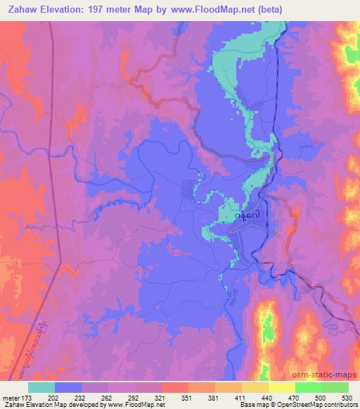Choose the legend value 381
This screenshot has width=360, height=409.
click(x=214, y=397)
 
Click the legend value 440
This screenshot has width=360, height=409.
click(x=268, y=397)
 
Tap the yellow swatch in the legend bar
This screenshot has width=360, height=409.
click(x=281, y=387)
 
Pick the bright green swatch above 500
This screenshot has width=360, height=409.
click(x=308, y=387)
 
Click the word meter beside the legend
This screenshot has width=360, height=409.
click(x=11, y=397)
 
